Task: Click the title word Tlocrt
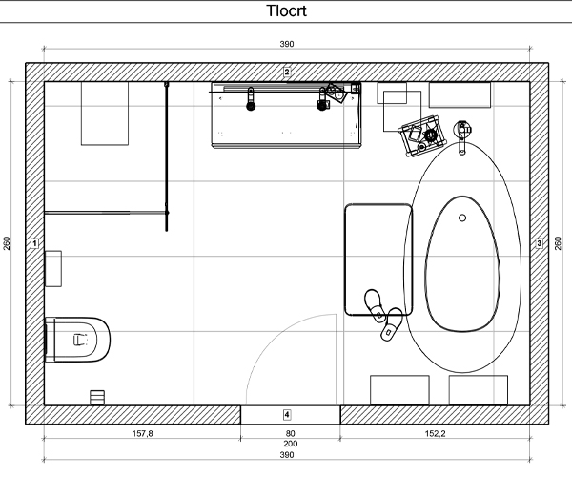coord(286,10)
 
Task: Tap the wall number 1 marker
coord(34,243)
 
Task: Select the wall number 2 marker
coord(287,72)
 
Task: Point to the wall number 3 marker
coord(540,243)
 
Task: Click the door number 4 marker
coord(287,415)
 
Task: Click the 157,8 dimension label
coord(143,433)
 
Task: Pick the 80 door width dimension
coord(291,433)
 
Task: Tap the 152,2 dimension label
coord(436,433)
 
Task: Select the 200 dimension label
coord(291,444)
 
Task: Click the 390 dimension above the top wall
coord(287,44)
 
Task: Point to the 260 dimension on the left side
coord(7,243)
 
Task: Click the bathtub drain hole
coord(462,218)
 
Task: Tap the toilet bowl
coord(77,340)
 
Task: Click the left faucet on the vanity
coord(251,99)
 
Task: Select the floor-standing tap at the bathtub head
coord(462,136)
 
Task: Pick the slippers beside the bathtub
coord(382,315)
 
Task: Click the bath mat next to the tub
coord(378,259)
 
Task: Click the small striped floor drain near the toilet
coord(97,398)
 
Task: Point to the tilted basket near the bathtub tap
coord(423,135)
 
